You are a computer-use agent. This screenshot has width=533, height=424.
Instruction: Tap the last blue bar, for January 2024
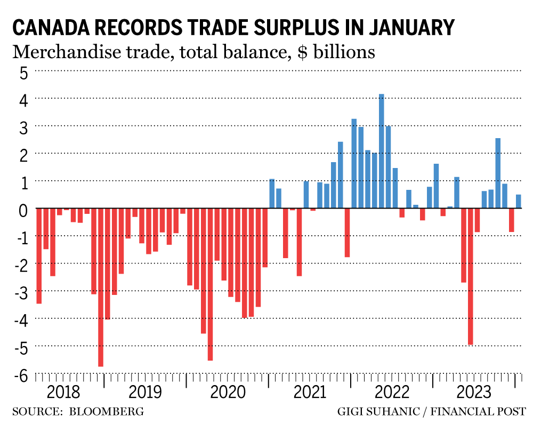518,201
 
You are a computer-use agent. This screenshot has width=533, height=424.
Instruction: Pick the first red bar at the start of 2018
39,256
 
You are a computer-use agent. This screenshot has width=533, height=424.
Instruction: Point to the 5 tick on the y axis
23,72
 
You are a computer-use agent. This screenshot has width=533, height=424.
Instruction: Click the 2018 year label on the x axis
63,393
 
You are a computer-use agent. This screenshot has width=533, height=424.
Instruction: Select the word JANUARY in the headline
410,27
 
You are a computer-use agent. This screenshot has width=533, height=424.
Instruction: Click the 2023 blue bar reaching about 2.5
498,173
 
